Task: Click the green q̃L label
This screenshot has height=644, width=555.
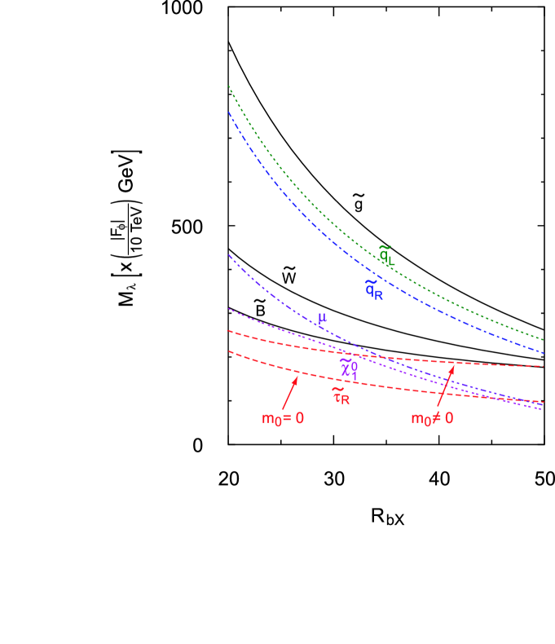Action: click(385, 254)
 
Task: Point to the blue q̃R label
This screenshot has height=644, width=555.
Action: click(374, 288)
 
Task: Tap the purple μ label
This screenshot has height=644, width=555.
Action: click(323, 318)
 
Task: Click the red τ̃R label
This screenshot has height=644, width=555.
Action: click(341, 395)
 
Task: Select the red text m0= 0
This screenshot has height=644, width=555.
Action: click(283, 419)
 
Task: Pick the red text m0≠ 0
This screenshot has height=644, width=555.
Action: click(432, 418)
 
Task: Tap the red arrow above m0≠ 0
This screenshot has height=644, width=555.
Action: click(445, 385)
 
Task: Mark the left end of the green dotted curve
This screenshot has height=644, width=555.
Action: click(229, 86)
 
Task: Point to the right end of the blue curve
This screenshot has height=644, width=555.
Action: click(543, 353)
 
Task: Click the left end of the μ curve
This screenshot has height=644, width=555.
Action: click(230, 256)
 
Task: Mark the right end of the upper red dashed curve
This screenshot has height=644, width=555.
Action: click(543, 366)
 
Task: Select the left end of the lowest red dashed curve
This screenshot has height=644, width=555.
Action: click(230, 351)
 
